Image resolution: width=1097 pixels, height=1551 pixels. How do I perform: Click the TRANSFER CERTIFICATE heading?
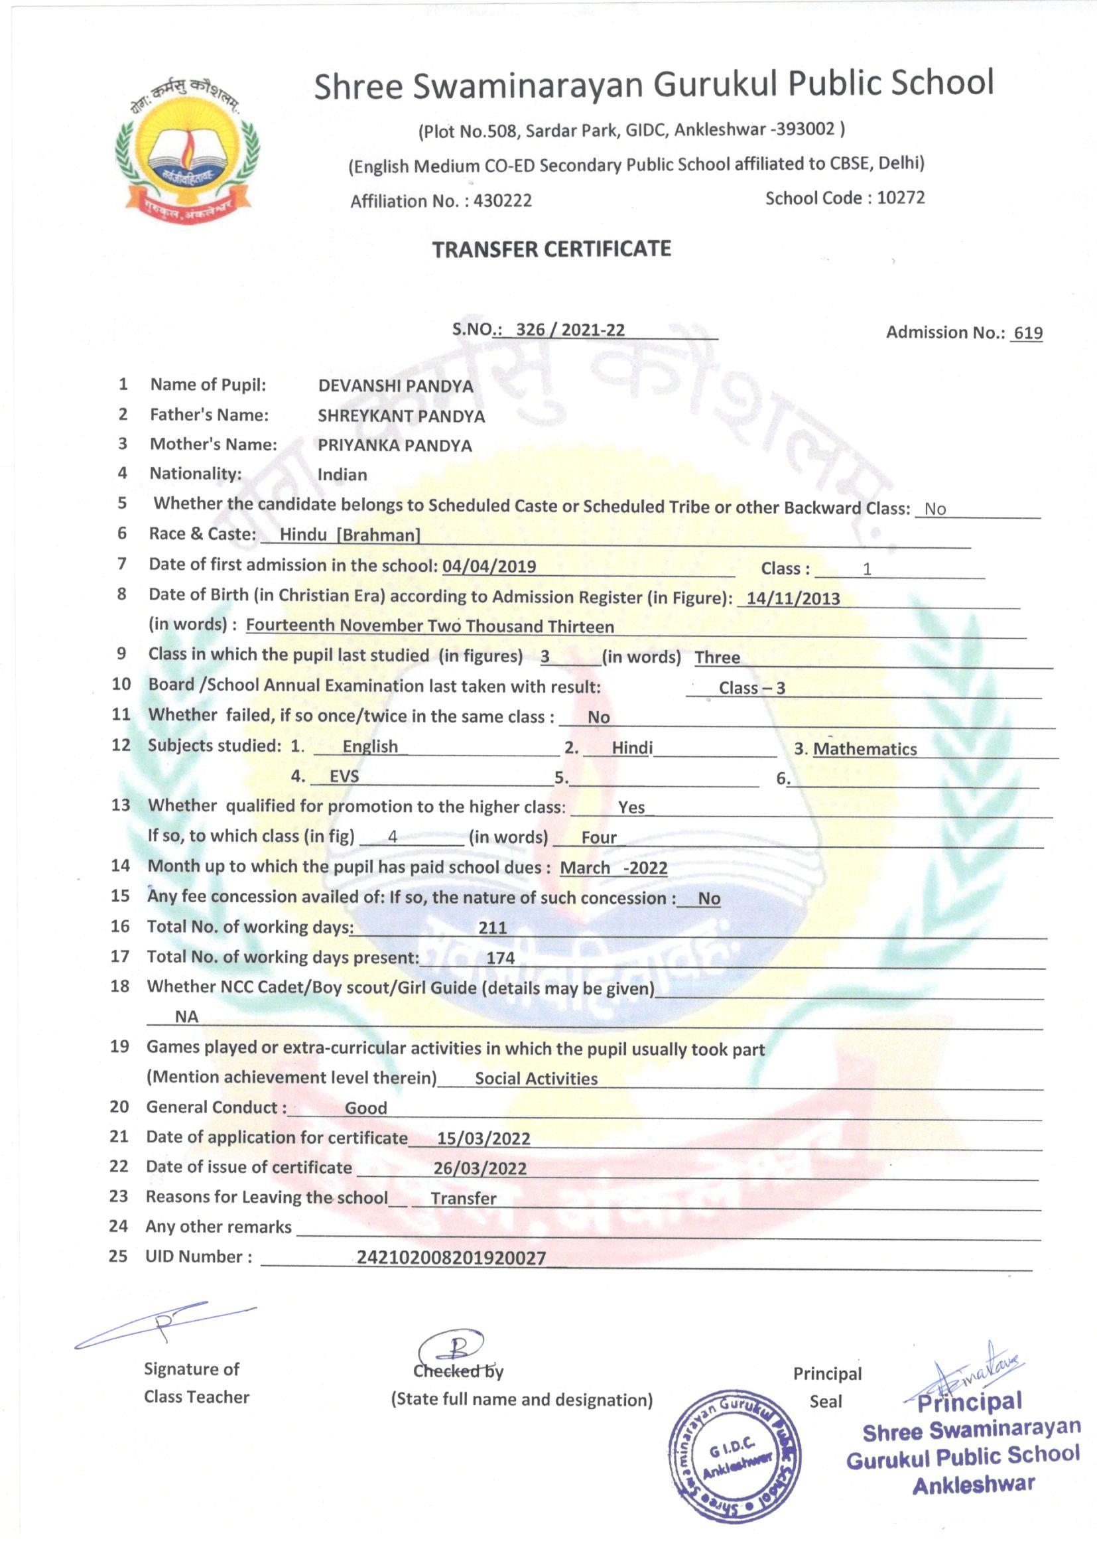pos(551,249)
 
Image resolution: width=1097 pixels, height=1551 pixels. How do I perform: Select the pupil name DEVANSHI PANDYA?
pos(395,386)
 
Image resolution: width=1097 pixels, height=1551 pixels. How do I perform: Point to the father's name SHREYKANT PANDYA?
pos(401,416)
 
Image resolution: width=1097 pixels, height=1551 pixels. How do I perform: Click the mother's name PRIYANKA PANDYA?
pos(395,446)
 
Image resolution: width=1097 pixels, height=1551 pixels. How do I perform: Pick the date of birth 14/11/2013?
pos(793,598)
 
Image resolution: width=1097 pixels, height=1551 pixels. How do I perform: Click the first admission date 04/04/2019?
pos(489,566)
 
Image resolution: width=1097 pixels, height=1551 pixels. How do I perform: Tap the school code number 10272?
pos(901,198)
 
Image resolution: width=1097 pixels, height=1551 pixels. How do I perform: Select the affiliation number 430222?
pos(503,200)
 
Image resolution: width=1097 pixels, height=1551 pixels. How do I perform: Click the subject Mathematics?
pos(865,748)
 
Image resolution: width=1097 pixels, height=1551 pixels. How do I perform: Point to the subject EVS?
pos(344,777)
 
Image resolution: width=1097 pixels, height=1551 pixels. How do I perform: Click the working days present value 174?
pos(500,958)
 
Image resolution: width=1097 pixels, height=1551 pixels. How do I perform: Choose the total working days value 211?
pos(492,927)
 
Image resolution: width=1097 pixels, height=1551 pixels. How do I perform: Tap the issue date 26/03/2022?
pos(480,1168)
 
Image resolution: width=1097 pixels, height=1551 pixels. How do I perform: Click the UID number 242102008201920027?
pos(450,1257)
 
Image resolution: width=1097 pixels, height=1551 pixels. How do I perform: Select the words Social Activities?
pos(536,1078)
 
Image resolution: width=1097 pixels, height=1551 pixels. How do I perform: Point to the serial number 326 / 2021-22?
pos(570,330)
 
